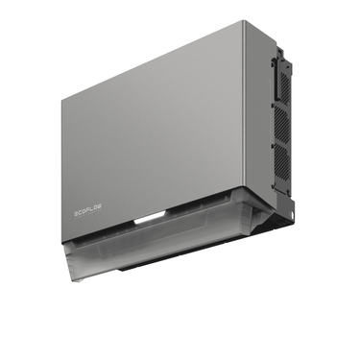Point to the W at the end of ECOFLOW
100,205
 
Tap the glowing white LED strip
150,219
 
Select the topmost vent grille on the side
285,86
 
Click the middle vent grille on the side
280,124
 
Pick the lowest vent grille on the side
282,163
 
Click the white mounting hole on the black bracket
292,214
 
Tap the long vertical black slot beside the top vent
276,79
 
